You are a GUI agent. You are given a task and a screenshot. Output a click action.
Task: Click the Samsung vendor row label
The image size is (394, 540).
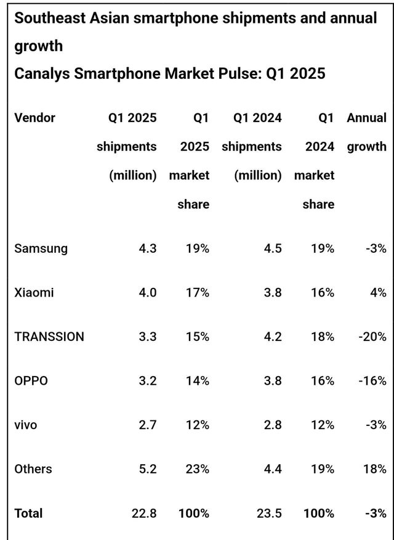[x=41, y=248]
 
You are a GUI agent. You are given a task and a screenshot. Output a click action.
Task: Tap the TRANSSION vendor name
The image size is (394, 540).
[x=49, y=337]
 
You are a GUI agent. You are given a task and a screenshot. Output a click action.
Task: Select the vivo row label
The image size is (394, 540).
[x=25, y=425]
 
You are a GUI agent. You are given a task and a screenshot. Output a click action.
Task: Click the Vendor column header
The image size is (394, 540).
[x=34, y=117]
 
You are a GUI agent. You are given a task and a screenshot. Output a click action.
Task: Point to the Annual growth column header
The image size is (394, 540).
[x=367, y=131]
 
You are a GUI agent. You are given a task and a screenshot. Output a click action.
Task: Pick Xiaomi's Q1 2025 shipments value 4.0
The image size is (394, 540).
[x=148, y=293]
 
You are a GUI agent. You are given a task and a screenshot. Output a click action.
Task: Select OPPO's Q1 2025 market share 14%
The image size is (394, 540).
[x=198, y=380]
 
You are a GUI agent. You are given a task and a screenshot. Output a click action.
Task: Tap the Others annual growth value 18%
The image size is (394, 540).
[x=375, y=468]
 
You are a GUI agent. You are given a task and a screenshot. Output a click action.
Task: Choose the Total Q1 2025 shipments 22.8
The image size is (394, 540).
[x=145, y=513]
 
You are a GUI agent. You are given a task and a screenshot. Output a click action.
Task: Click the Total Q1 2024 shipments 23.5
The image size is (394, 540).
[x=269, y=513]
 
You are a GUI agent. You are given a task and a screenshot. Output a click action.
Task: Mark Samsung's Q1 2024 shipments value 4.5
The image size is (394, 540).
[x=272, y=248]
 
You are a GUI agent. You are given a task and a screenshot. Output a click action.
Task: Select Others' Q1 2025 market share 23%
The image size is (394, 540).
[x=198, y=468]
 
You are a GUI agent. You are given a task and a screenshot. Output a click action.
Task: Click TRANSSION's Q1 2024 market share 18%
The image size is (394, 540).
[x=323, y=337]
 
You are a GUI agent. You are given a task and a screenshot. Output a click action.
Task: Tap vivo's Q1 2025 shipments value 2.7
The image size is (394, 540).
[x=148, y=425]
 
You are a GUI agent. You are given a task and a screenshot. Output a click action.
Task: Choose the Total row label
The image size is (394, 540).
[x=28, y=513]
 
